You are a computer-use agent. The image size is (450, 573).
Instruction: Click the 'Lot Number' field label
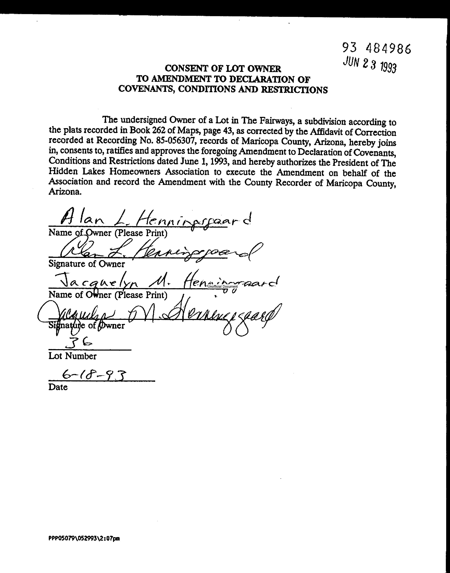pos(72,356)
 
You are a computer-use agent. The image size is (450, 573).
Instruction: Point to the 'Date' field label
pos(58,387)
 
